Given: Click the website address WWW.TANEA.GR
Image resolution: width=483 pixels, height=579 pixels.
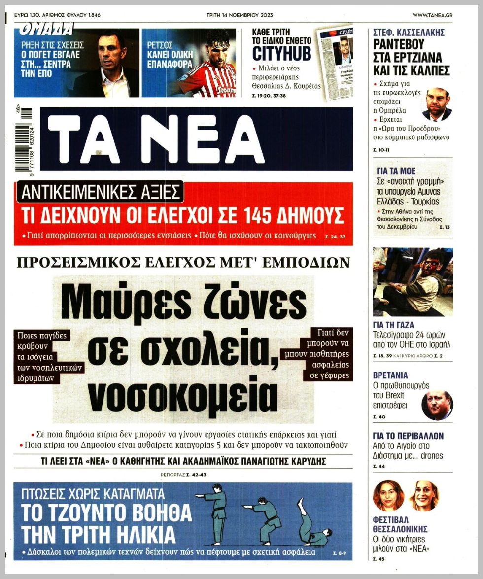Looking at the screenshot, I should (x=432, y=15).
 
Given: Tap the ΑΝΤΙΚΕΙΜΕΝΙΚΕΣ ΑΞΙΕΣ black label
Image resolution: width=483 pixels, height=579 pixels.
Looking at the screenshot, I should (x=100, y=192).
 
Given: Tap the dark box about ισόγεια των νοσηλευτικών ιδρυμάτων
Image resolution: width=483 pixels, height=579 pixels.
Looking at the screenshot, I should (x=48, y=357).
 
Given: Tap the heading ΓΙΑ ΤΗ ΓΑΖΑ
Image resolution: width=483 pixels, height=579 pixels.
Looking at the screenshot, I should (x=394, y=325).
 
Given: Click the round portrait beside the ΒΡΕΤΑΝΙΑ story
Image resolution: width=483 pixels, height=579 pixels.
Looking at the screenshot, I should (x=437, y=405).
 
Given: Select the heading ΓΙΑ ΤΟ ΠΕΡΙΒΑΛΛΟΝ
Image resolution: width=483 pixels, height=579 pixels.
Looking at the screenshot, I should (x=408, y=436).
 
